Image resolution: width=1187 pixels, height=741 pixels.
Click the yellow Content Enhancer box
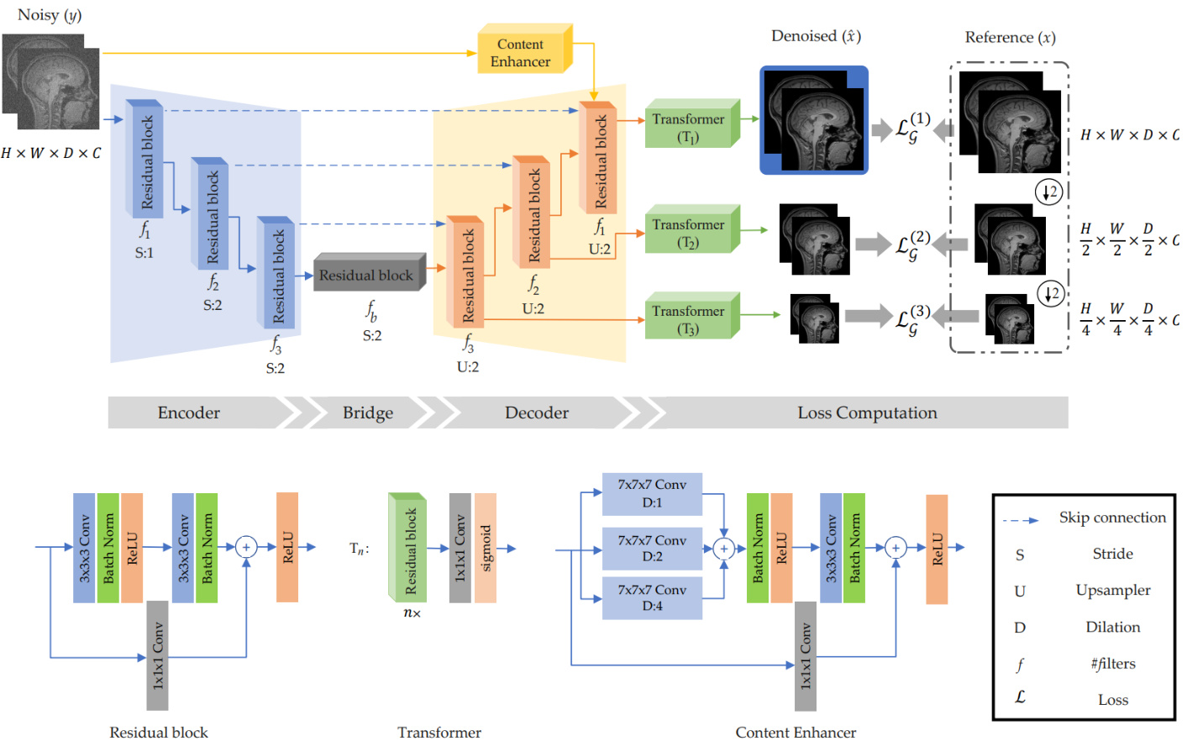coord(522,52)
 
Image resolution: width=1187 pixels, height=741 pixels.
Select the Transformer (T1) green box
coord(689,127)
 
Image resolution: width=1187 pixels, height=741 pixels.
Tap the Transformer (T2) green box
coord(689,233)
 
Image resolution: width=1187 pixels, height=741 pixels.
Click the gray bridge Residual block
coord(367,275)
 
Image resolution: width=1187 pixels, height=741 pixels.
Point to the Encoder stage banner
coord(190,413)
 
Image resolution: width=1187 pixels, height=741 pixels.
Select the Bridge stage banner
coord(368,413)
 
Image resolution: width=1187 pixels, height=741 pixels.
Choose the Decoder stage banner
coord(537,413)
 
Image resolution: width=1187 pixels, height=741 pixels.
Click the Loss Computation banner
coord(867,413)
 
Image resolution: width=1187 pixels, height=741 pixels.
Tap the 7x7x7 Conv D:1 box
coord(652,494)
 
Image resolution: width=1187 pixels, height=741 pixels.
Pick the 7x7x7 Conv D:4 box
coord(652,598)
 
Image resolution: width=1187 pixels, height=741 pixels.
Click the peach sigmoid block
coord(486,548)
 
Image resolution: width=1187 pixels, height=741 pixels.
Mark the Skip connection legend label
coord(1112,518)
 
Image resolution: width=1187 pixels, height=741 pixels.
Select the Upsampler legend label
coord(1113,590)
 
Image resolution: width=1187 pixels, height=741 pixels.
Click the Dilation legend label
coord(1113,627)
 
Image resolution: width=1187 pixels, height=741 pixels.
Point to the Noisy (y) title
coord(50,15)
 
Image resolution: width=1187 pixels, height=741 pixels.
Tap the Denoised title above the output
coord(816,36)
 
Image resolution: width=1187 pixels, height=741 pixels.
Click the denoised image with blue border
coord(813,120)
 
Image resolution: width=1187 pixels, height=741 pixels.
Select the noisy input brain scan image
coord(51,81)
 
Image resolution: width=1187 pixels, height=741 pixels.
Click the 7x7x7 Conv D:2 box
coord(652,548)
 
